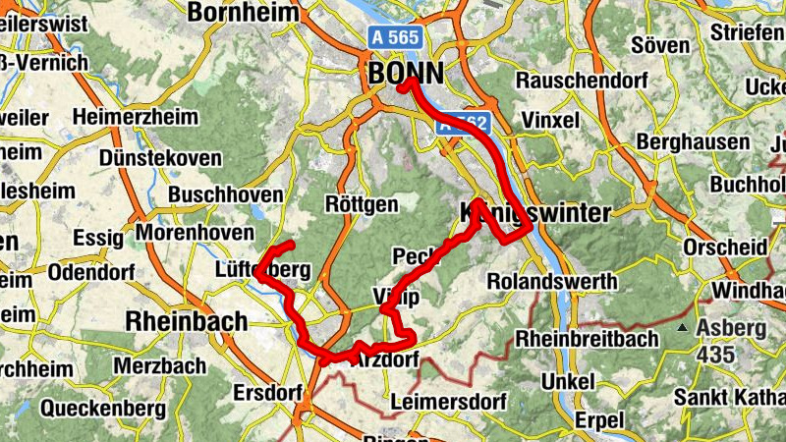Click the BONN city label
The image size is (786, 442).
406,73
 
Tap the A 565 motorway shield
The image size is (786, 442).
396,37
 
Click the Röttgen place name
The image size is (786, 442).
362,204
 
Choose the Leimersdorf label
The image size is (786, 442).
447,403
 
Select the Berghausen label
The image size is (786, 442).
693,142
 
